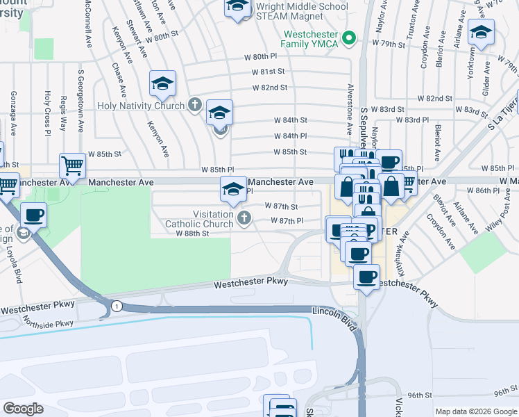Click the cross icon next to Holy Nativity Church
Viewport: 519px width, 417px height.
coord(196,106)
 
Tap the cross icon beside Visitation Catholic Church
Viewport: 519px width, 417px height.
coord(243,219)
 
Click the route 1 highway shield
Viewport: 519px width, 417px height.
coord(117,306)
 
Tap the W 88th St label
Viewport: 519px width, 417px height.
coord(192,234)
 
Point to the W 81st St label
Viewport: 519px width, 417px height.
coord(269,72)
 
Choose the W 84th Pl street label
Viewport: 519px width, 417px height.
coord(290,136)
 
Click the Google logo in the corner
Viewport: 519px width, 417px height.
coord(24,409)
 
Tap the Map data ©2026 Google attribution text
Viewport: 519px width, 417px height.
coord(475,411)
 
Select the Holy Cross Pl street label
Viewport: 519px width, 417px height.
coord(48,111)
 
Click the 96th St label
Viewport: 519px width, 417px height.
coord(420,395)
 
